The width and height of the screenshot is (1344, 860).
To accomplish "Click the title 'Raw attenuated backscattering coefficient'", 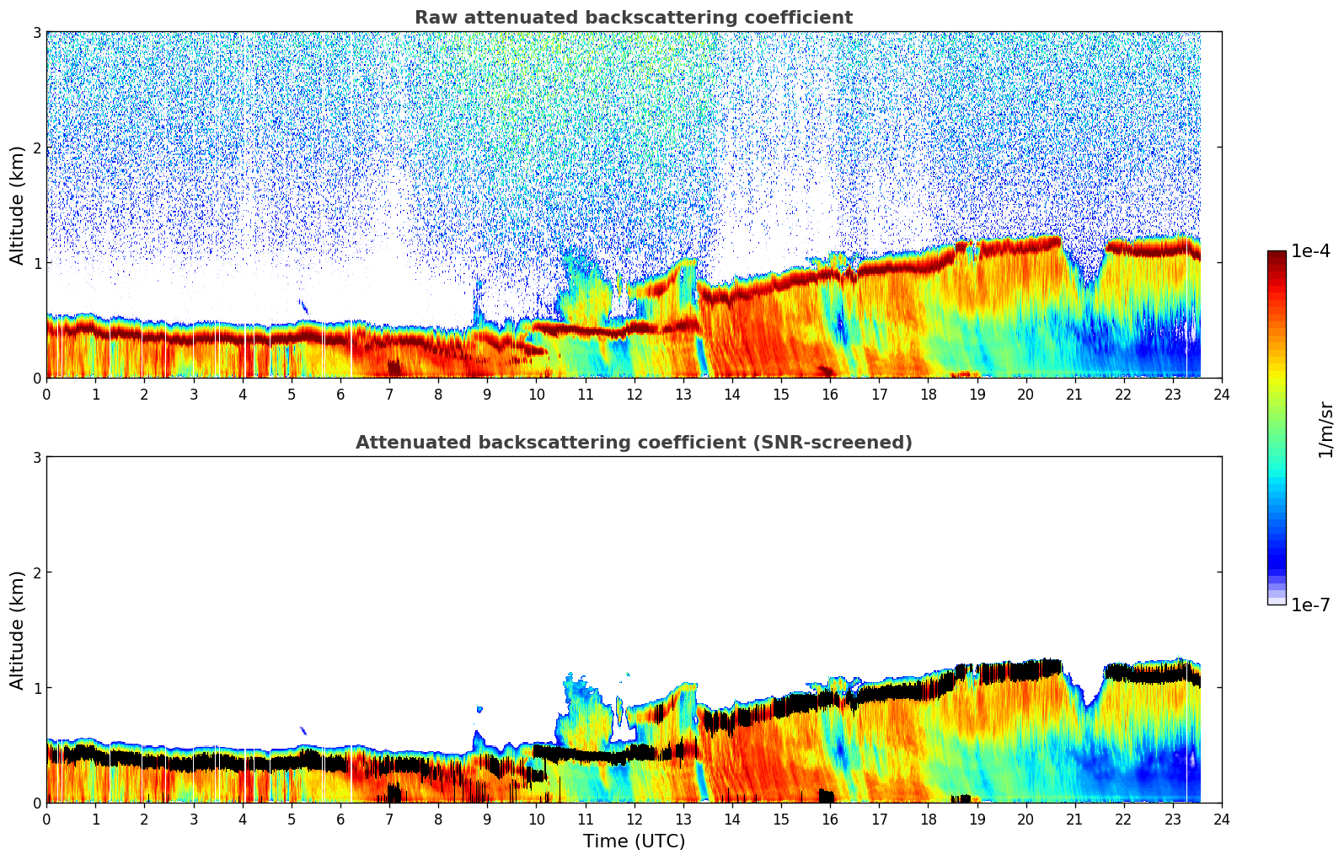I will click(x=633, y=18).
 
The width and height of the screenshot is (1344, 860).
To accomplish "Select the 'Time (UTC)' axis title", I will click(x=634, y=841).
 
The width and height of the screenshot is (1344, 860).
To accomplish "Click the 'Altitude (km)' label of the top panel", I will click(x=18, y=205).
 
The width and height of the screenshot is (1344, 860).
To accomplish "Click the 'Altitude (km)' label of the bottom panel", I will click(x=18, y=630).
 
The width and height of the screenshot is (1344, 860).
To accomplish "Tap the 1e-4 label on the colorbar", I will click(x=1310, y=251).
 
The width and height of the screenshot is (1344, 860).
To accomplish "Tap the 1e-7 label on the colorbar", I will click(x=1310, y=605).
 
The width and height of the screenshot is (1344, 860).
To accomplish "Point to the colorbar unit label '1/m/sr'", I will click(x=1325, y=429).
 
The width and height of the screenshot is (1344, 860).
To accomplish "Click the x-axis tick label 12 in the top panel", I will click(x=634, y=394).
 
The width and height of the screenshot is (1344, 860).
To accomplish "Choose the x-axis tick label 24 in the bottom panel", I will click(x=1221, y=819).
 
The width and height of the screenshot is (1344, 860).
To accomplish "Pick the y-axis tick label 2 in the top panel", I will click(x=37, y=148).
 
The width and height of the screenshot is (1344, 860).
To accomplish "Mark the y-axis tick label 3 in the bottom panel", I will click(x=37, y=457).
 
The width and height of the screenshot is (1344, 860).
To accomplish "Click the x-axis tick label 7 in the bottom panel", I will click(x=389, y=819).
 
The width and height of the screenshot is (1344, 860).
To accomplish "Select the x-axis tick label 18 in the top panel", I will click(x=928, y=394).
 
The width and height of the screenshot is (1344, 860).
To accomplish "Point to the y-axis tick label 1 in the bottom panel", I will click(x=37, y=688).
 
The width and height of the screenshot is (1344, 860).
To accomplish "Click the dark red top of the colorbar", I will click(x=1276, y=255).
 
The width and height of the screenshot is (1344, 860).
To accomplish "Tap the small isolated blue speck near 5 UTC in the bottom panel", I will click(x=303, y=731).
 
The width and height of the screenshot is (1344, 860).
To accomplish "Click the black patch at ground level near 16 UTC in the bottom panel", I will click(x=827, y=796).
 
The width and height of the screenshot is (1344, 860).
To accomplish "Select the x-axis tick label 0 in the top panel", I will click(x=46, y=394).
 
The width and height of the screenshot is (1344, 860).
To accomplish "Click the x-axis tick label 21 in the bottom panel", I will click(x=1074, y=819).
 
